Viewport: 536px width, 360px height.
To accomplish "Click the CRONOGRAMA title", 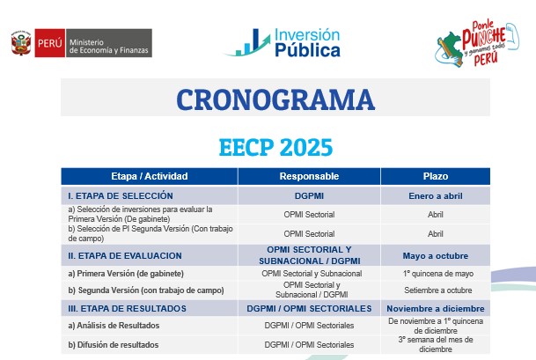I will [x=275, y=98].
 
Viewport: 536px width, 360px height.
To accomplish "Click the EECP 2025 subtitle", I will [x=275, y=143].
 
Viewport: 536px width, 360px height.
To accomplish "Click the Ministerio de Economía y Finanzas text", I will [x=109, y=43].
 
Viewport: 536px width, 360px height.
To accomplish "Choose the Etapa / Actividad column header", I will [x=149, y=176].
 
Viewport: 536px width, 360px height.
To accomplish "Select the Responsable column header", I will [x=309, y=176].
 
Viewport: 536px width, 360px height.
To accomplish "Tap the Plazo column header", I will [x=434, y=176].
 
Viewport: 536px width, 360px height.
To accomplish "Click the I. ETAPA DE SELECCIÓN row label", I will [x=121, y=195].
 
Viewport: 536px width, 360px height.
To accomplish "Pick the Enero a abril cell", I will [x=434, y=195].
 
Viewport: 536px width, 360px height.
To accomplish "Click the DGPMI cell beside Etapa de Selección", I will [x=309, y=195].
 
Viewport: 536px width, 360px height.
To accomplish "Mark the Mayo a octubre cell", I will [x=434, y=255].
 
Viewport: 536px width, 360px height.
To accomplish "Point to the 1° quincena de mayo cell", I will [x=434, y=273].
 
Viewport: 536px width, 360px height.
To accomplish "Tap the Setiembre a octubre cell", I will [x=434, y=290].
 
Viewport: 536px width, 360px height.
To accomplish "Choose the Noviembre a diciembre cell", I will [x=434, y=308].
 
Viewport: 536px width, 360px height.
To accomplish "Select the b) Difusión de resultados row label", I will [x=114, y=344].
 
